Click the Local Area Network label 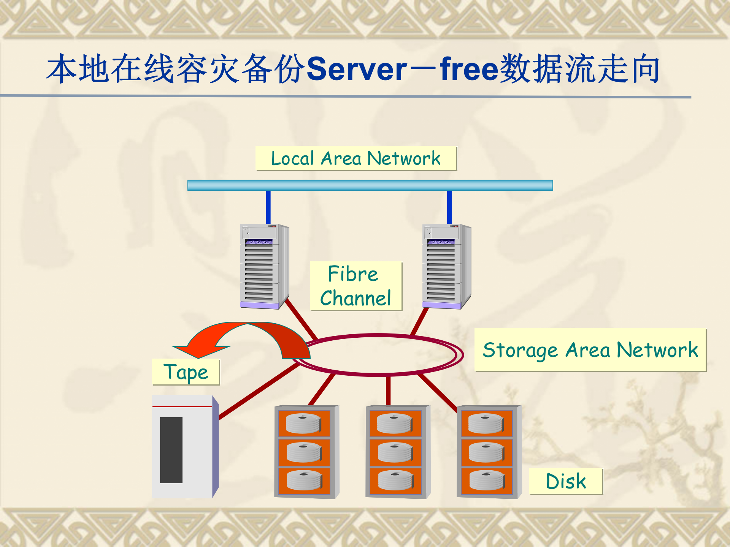click(356, 158)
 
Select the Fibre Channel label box click(356, 286)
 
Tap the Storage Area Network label click(590, 350)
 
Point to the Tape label click(186, 372)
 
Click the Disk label click(566, 481)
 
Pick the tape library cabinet click(185, 447)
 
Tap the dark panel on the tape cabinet click(171, 450)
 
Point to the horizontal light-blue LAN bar click(370, 185)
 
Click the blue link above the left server click(268, 207)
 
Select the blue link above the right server click(449, 207)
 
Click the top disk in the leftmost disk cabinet click(303, 424)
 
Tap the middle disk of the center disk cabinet click(395, 452)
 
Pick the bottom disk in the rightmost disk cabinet click(487, 481)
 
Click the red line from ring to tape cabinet click(259, 391)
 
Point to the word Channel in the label click(355, 298)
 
